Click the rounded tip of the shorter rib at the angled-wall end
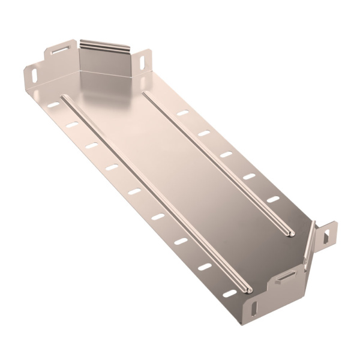pos(291,233)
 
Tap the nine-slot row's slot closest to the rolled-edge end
pos(53,105)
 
